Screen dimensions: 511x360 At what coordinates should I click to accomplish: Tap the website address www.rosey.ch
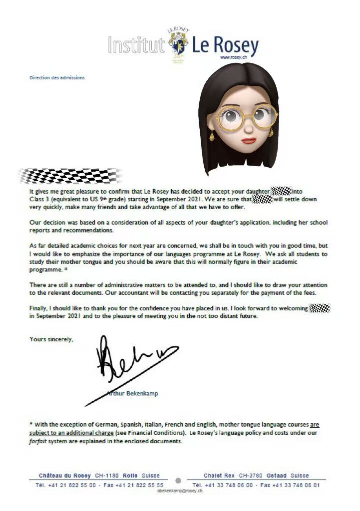(230, 57)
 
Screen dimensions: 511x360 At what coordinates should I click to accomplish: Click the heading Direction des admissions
(57, 77)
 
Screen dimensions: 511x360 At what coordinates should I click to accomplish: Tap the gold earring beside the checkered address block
(212, 135)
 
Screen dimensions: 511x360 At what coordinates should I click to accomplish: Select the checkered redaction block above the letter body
(70, 176)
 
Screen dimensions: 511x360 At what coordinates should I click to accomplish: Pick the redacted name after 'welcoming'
(320, 308)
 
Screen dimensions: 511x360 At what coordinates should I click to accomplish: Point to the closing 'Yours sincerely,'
(51, 339)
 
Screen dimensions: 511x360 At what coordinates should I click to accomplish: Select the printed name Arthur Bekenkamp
(132, 394)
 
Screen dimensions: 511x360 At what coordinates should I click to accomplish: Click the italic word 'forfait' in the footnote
(39, 442)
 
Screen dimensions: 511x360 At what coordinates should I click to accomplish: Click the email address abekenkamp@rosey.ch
(180, 491)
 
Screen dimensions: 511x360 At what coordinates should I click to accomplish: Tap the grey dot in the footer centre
(178, 481)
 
